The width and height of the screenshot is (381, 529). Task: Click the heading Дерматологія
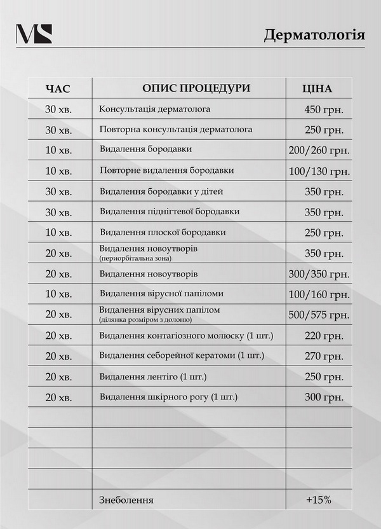(x=314, y=34)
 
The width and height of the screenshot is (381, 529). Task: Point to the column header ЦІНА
(x=318, y=88)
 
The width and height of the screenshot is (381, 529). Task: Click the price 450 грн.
(x=324, y=109)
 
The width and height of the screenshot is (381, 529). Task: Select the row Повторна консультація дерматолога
(x=176, y=129)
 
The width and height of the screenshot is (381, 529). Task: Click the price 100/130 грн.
(x=319, y=171)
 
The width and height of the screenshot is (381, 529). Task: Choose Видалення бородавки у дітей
(x=161, y=191)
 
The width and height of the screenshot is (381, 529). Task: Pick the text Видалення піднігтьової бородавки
(x=170, y=211)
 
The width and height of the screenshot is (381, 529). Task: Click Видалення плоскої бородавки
(x=163, y=232)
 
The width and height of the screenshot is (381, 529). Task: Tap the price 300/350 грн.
(x=319, y=274)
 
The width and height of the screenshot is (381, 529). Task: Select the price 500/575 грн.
(x=319, y=315)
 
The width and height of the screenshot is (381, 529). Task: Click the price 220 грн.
(x=324, y=336)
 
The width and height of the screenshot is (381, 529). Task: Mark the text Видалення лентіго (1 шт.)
(x=153, y=377)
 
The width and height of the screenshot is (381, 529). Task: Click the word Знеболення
(x=126, y=500)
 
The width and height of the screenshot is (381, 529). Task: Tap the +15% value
(x=318, y=500)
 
